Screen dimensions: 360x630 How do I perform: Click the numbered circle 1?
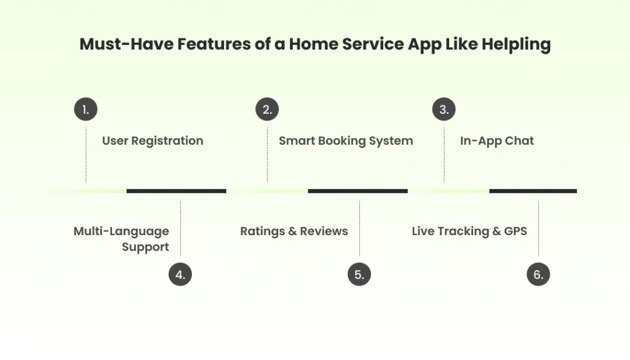tap(86, 110)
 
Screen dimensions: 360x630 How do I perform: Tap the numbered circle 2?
tap(267, 110)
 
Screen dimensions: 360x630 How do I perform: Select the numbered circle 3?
tap(444, 110)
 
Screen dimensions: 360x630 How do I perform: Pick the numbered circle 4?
tap(180, 274)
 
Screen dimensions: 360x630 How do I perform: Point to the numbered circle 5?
tap(359, 274)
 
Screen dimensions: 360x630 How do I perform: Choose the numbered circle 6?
tap(538, 274)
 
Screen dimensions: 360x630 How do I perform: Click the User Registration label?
tap(153, 141)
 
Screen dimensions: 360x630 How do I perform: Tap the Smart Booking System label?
tap(346, 141)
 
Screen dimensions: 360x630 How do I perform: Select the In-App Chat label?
tap(497, 141)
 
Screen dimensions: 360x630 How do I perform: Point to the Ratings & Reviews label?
tap(294, 231)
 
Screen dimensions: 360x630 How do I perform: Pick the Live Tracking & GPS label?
tap(469, 231)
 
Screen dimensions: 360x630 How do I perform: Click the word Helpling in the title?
tap(516, 45)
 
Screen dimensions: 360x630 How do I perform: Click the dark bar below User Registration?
tap(177, 191)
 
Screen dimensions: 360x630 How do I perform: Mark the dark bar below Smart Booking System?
tap(357, 191)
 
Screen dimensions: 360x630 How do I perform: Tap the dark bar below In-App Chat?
tap(533, 191)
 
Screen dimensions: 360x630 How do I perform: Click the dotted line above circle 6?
tap(538, 228)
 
